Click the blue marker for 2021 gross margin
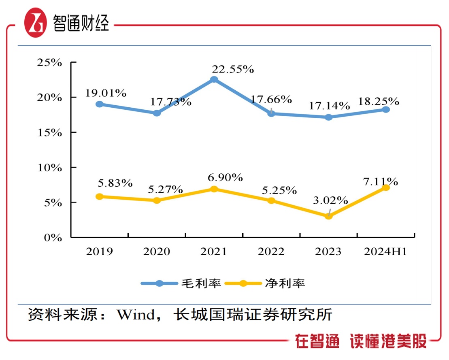214,79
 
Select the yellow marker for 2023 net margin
329,216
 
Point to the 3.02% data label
331,200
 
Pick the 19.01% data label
106,93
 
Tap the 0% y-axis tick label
53,238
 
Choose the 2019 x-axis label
99,252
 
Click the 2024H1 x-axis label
385,252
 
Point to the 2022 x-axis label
271,252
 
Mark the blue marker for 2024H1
386,109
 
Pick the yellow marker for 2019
100,196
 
